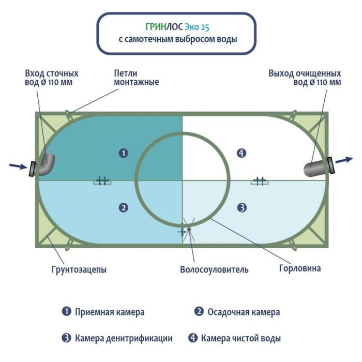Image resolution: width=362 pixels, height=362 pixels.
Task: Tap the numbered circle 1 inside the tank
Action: point(123,153)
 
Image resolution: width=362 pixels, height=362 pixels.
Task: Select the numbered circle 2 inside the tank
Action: point(123,208)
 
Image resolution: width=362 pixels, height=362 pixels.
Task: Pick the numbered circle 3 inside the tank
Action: point(242,208)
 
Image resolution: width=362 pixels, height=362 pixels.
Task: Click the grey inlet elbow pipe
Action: point(47,165)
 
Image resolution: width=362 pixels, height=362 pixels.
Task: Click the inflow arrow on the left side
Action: point(18,166)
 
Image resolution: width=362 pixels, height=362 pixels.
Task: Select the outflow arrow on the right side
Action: point(344,160)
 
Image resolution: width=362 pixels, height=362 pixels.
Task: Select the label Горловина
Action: point(300,268)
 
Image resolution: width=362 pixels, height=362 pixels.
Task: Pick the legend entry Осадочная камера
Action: point(244,312)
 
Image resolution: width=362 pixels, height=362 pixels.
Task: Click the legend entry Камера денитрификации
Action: point(123,338)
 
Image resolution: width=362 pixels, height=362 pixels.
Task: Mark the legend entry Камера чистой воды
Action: point(241,338)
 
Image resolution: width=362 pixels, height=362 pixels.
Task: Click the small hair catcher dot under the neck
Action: point(189,229)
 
